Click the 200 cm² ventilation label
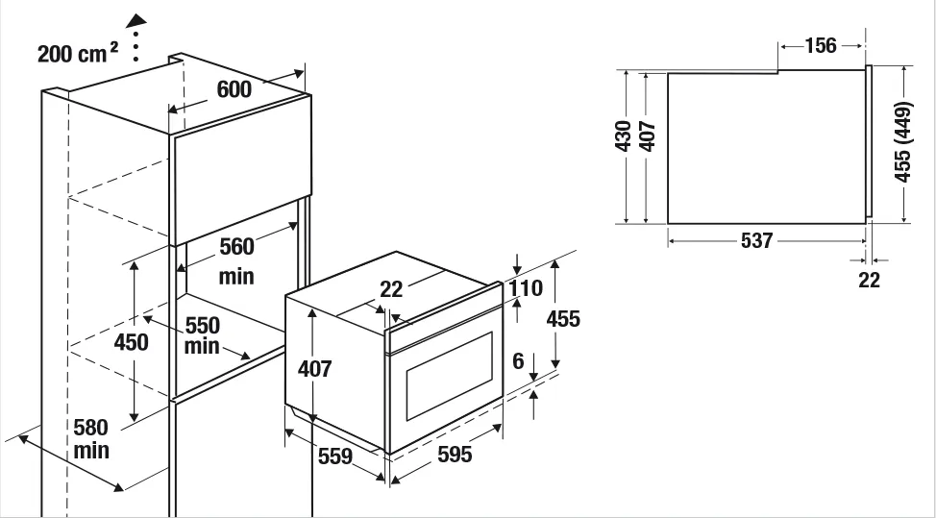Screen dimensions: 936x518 78,53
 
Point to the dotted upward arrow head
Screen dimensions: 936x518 136,21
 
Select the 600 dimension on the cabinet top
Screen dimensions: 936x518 234,89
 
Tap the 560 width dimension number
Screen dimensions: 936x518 237,246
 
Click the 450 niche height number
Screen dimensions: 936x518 132,342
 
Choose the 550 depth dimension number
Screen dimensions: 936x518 203,326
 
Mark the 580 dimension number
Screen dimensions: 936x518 90,428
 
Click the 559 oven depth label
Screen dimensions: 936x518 335,456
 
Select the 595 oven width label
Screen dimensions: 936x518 455,455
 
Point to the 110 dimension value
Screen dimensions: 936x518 526,288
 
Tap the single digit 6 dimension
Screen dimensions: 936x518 518,360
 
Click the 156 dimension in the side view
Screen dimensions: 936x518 821,45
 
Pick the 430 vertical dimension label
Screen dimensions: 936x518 624,136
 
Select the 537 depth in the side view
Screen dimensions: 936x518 757,240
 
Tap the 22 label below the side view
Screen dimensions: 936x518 869,280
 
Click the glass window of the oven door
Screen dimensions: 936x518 450,377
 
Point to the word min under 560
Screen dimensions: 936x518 236,277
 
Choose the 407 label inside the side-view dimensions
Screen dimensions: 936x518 648,136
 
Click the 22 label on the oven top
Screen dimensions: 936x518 391,289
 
